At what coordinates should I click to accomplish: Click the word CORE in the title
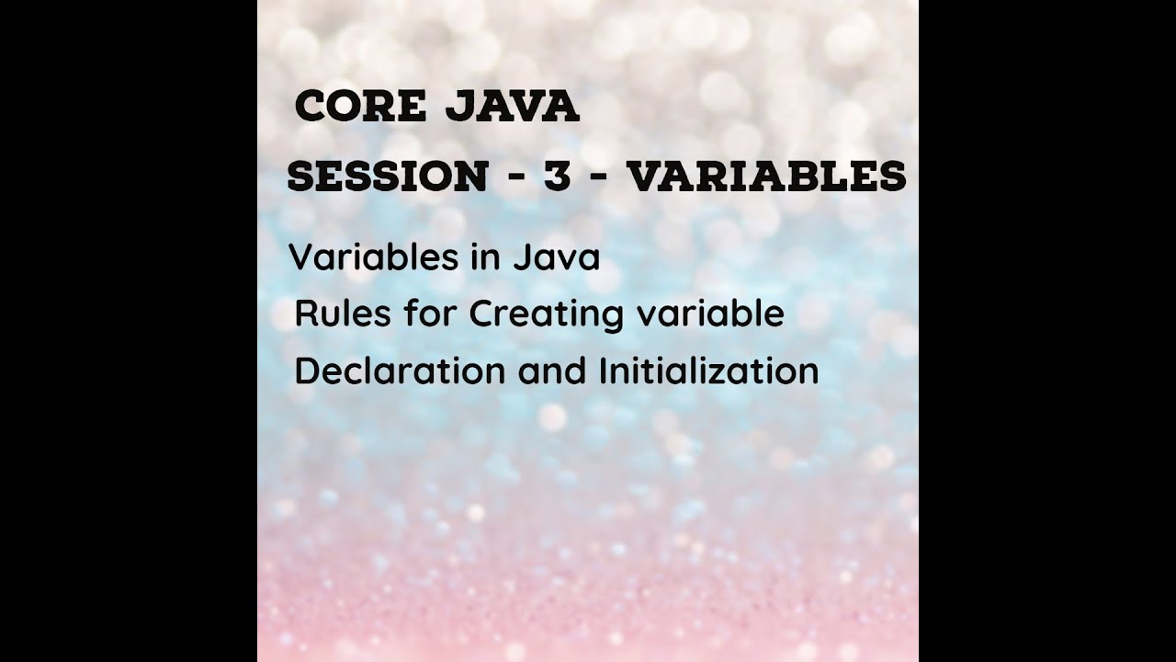pos(360,108)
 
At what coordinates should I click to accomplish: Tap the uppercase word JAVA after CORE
pos(512,108)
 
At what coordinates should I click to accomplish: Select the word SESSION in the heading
pos(387,177)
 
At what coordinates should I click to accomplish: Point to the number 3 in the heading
pos(557,177)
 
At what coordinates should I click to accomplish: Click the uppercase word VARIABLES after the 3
pos(766,177)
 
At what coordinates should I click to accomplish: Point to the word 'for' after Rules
pos(430,314)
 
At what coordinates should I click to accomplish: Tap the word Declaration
pos(400,371)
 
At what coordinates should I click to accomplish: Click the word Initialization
pos(708,371)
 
